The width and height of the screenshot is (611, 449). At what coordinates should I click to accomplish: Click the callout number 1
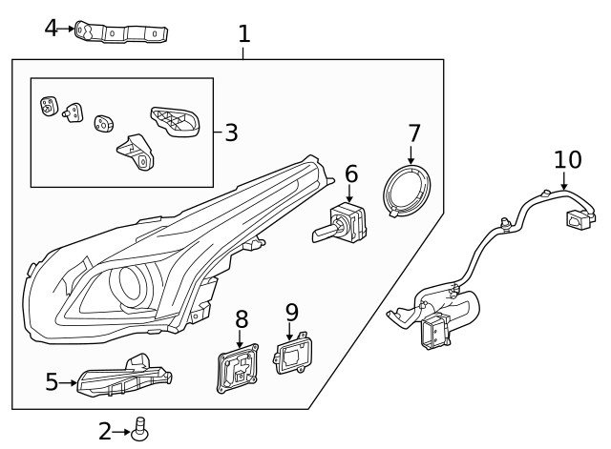[244, 34]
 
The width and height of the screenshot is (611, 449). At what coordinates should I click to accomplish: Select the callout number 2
[105, 432]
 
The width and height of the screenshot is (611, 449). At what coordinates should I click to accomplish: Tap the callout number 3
[231, 133]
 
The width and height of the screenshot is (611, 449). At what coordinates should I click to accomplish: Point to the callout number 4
[52, 28]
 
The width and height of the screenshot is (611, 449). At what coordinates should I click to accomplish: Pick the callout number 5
[53, 382]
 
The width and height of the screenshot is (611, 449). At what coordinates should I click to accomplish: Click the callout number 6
[351, 173]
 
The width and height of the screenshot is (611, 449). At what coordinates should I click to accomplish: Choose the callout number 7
[413, 133]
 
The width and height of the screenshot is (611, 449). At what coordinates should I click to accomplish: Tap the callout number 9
[292, 312]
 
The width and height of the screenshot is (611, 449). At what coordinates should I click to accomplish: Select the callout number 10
[567, 158]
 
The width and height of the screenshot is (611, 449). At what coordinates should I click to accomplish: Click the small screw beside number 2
[140, 432]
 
